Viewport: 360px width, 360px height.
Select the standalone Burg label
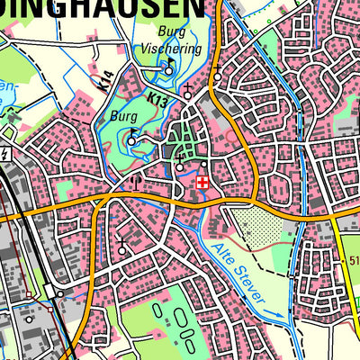[122, 116]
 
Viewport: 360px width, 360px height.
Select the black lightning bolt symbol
[7, 155]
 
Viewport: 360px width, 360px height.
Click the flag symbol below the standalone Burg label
[132, 139]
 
